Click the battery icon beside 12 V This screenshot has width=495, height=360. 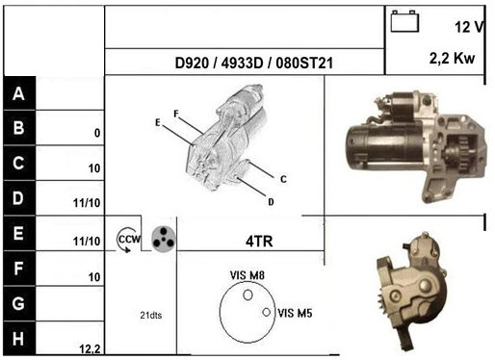[x=404, y=21]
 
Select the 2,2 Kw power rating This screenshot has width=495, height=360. [x=452, y=59]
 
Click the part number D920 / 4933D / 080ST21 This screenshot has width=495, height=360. [x=254, y=63]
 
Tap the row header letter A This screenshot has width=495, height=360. [x=18, y=93]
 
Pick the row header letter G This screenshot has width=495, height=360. [x=18, y=303]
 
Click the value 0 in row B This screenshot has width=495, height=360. [x=97, y=133]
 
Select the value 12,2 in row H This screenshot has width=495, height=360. [x=90, y=349]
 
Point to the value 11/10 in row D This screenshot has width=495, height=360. [x=87, y=203]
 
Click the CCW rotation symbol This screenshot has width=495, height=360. [x=128, y=240]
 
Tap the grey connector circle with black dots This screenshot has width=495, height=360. [x=164, y=239]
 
